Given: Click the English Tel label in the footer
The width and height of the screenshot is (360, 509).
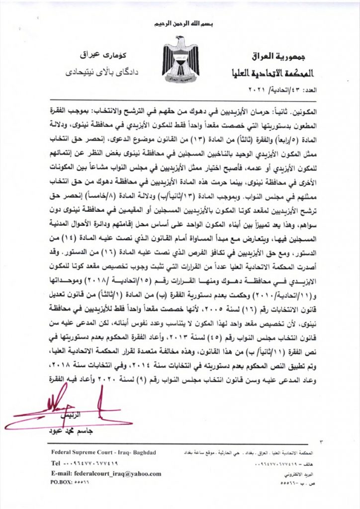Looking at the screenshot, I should tap(56, 463).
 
